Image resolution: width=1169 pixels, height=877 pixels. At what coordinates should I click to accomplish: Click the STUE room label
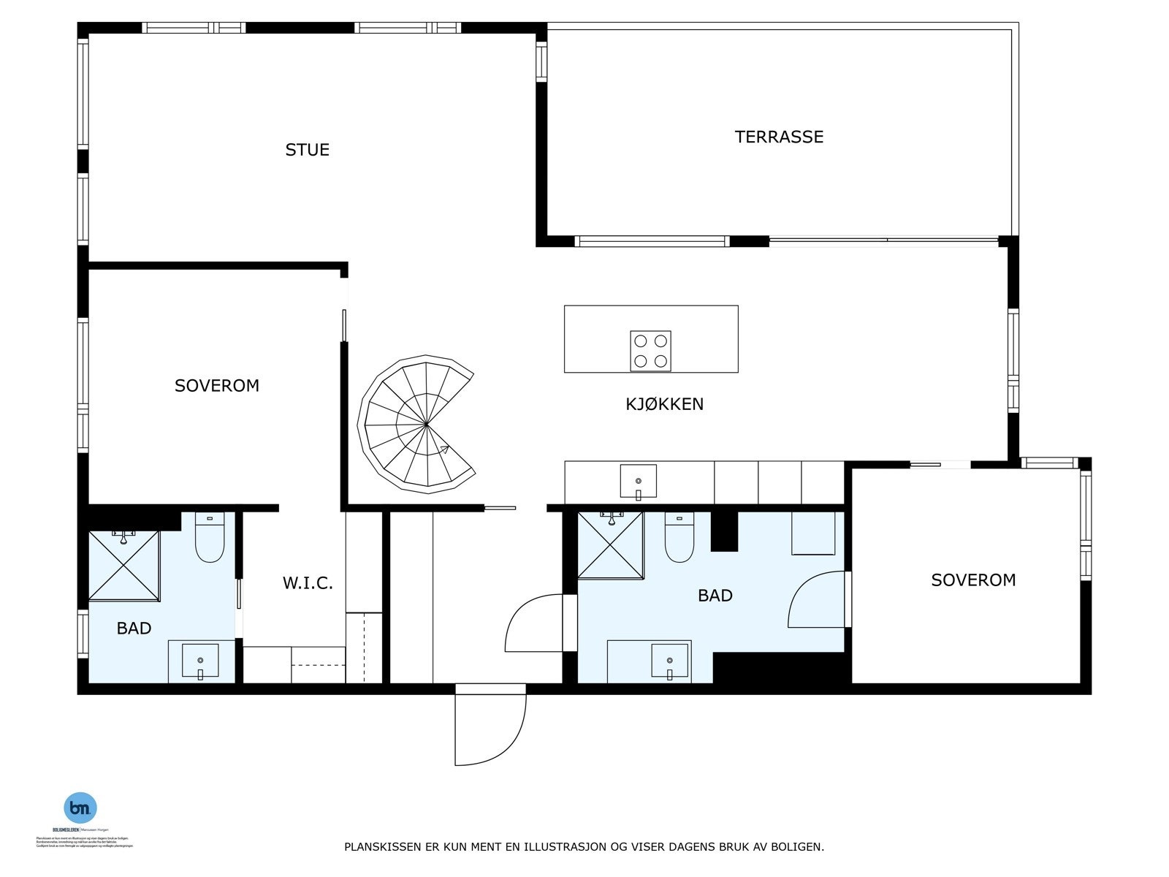307,150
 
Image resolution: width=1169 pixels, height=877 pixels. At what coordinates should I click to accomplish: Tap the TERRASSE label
779,137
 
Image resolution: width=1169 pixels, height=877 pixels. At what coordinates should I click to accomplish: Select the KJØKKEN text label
664,404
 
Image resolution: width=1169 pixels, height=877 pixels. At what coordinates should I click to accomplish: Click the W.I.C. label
308,583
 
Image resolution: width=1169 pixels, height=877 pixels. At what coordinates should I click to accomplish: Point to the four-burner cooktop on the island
650,351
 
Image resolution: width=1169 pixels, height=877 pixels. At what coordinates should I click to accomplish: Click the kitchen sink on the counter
638,481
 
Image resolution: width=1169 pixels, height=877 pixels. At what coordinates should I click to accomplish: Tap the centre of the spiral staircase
425,423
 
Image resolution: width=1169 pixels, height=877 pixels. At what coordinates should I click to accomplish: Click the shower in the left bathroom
123,566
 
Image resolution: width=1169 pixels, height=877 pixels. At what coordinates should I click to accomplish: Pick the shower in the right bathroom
610,545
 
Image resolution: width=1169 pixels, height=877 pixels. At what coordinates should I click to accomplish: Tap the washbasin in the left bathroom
199,661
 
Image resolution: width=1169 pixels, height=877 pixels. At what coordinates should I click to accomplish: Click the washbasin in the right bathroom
669,661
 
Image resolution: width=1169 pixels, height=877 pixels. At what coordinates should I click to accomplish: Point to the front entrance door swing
490,724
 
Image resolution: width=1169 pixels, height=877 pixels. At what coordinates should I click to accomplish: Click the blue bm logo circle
80,808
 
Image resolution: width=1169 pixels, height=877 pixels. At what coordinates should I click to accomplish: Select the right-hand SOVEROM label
973,580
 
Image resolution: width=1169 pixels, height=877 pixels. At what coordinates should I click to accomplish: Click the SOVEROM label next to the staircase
217,386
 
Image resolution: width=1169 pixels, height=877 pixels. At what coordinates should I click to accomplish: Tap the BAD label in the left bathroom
134,629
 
